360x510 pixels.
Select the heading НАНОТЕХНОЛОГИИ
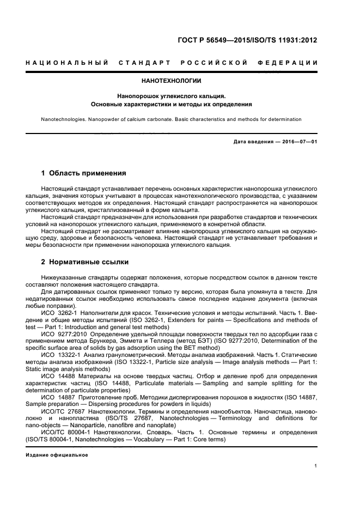coord(171,81)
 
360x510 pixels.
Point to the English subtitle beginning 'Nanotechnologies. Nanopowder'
coord(171,119)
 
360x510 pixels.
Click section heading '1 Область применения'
coord(84,173)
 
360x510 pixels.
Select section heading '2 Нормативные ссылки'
coord(85,262)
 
